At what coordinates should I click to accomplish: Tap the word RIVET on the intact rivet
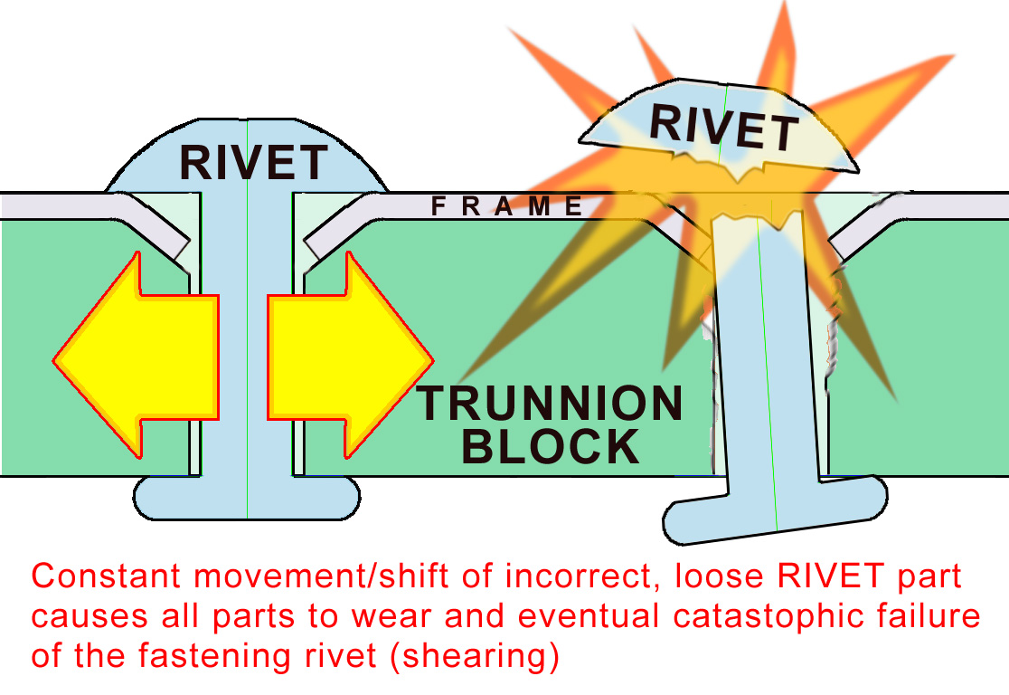(x=252, y=163)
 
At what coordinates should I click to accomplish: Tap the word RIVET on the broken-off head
(x=723, y=128)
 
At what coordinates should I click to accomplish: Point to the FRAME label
(x=506, y=207)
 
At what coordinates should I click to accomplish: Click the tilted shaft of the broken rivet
(x=764, y=362)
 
